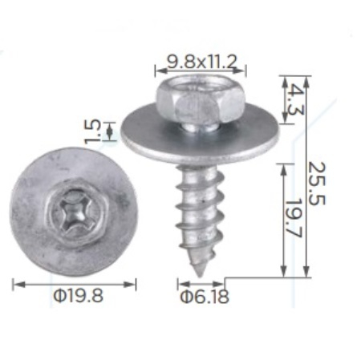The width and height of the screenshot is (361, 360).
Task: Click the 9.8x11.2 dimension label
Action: [202, 63]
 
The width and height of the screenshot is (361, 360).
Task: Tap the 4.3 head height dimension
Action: [297, 99]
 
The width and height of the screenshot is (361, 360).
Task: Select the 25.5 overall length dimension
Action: [317, 184]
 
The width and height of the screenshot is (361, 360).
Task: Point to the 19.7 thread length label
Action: [295, 217]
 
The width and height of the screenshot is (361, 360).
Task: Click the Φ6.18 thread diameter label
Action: [205, 297]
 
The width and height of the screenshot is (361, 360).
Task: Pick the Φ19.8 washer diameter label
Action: [78, 296]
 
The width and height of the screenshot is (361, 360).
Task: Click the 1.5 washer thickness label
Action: [92, 131]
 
